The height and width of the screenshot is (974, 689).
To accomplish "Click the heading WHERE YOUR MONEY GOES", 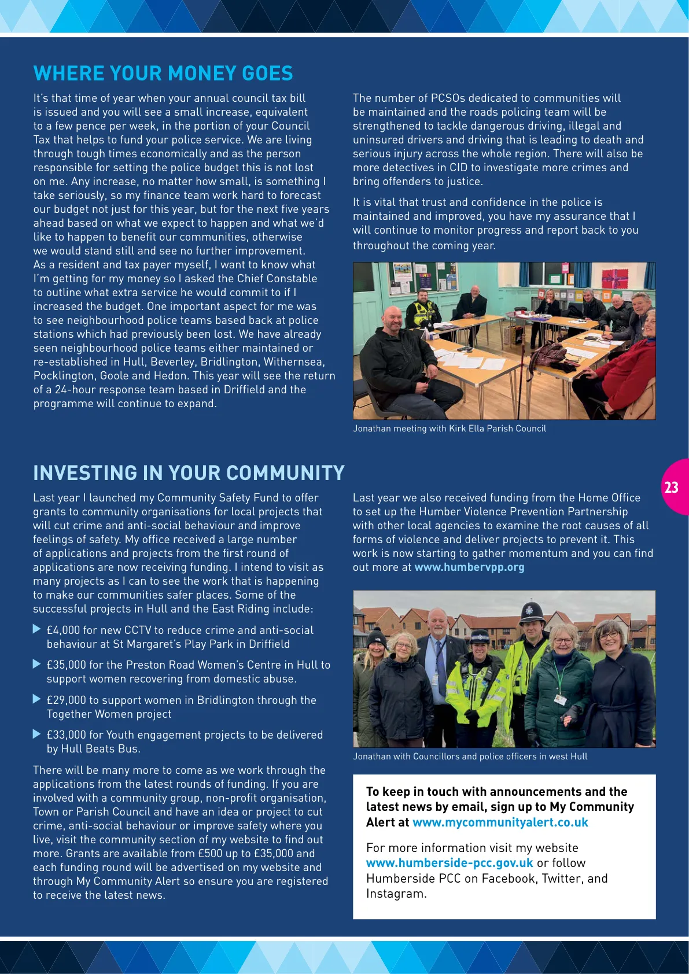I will pyautogui.click(x=163, y=73).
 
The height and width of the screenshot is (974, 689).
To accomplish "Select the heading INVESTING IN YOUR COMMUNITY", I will pyautogui.click(x=189, y=473).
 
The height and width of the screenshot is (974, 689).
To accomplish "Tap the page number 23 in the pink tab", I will pyautogui.click(x=672, y=487).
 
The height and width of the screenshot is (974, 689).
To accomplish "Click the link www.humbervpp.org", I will pyautogui.click(x=469, y=567).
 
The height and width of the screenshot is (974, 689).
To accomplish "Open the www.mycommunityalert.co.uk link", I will pyautogui.click(x=500, y=822).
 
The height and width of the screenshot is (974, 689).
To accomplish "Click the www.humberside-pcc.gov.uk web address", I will pyautogui.click(x=449, y=863).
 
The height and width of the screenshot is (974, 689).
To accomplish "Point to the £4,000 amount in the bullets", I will pyautogui.click(x=63, y=630).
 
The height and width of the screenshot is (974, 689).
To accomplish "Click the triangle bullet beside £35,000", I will pyautogui.click(x=37, y=664).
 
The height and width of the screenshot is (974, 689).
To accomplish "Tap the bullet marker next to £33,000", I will pyautogui.click(x=37, y=734).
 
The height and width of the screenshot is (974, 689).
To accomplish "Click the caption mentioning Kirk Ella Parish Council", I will pyautogui.click(x=449, y=429).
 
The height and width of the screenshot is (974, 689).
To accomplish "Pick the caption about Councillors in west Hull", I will pyautogui.click(x=470, y=757).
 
